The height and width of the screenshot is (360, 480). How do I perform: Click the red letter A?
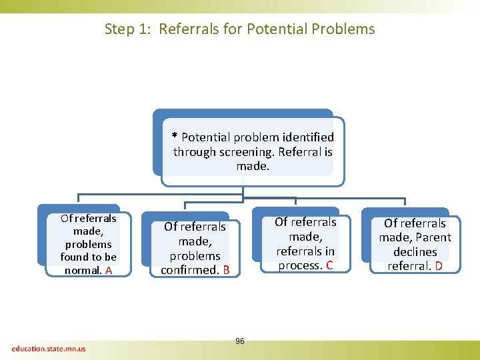(x=109, y=271)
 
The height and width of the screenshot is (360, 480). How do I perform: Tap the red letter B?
(x=226, y=271)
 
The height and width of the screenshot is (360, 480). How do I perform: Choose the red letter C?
(x=329, y=266)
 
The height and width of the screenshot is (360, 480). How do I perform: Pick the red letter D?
(x=439, y=267)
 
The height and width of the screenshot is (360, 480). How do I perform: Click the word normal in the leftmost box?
(x=83, y=271)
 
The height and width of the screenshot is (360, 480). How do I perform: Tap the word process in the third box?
(x=300, y=266)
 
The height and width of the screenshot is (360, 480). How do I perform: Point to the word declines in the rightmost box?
(x=415, y=252)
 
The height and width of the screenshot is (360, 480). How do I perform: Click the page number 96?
(x=240, y=341)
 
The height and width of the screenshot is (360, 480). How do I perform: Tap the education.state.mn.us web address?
(x=49, y=348)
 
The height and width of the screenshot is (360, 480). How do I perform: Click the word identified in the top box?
(x=307, y=137)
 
